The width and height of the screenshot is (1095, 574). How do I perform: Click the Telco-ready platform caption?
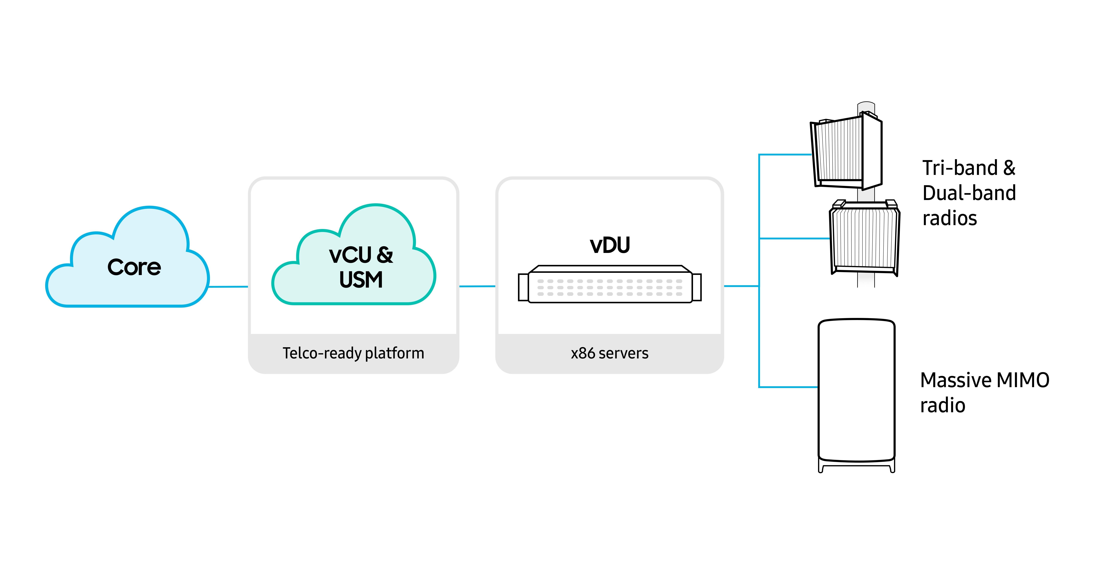click(353, 353)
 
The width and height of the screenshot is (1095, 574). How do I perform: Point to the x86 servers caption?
click(610, 353)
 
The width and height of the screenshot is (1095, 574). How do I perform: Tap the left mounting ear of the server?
click(523, 287)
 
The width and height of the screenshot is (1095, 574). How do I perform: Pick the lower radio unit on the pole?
click(864, 238)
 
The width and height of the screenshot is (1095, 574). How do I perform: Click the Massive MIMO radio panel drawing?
click(856, 391)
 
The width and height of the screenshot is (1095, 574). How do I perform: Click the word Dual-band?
click(969, 193)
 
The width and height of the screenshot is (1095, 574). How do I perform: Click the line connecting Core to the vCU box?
click(228, 287)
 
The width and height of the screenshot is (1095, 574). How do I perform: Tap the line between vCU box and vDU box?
click(477, 286)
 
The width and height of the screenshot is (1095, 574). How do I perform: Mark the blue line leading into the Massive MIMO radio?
click(789, 387)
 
